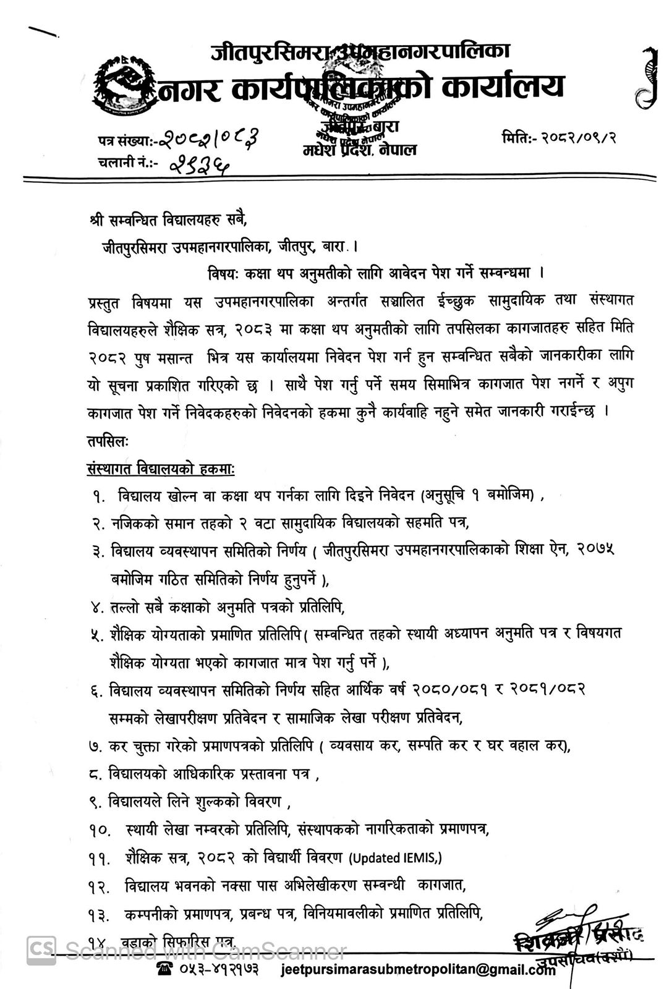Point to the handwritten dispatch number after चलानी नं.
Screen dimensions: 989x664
tap(198, 163)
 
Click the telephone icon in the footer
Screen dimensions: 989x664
tap(165, 969)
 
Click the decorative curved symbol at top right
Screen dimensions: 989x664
tap(645, 77)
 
